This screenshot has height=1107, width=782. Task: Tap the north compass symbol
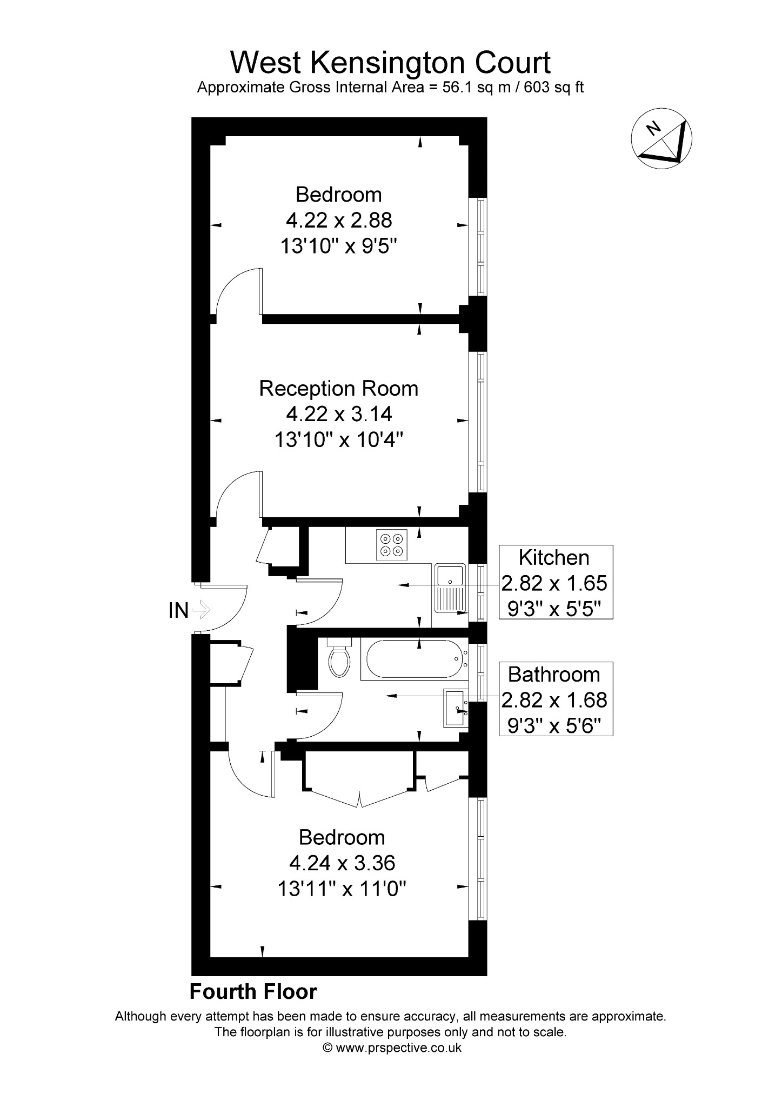click(661, 139)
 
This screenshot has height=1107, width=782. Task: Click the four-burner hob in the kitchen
click(392, 544)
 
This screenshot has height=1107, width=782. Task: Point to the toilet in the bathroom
click(340, 657)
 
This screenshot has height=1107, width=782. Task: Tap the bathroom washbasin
click(458, 708)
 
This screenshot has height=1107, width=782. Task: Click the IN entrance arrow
click(200, 610)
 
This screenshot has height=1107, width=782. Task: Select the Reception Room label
click(339, 389)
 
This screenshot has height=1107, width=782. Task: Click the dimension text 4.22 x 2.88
click(339, 220)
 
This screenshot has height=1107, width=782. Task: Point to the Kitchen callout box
click(556, 582)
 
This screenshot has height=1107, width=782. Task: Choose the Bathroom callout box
click(556, 699)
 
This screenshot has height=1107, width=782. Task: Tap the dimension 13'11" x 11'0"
click(342, 889)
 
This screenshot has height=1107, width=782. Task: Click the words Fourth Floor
click(253, 992)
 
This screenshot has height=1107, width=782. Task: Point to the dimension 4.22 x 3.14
click(339, 414)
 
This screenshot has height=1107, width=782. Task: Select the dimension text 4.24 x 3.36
click(342, 863)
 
